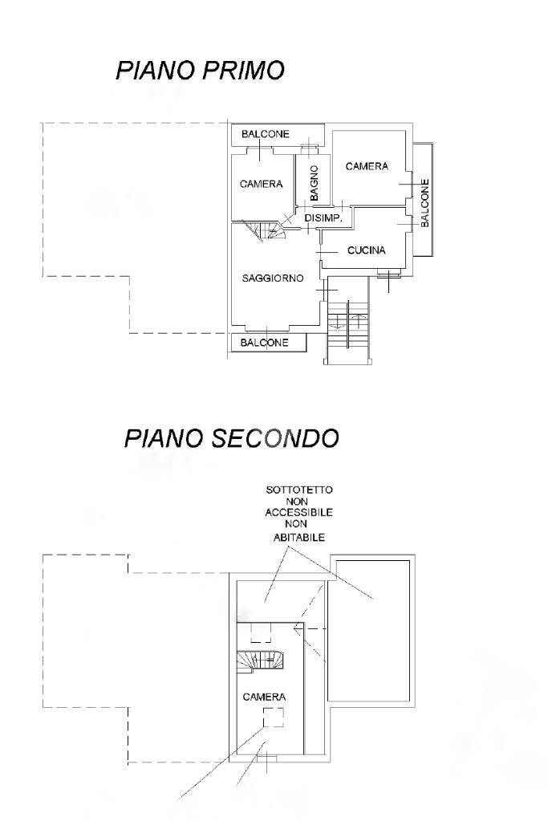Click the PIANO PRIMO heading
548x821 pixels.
200,71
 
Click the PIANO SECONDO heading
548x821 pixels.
231,438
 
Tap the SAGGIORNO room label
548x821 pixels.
273,278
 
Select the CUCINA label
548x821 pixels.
366,250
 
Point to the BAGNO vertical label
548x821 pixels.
315,183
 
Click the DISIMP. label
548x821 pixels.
323,218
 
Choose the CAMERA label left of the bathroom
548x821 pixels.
261,184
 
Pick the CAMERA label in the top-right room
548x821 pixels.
367,166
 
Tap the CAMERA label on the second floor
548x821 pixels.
264,697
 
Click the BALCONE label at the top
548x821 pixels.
265,134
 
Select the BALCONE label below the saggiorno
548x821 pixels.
264,343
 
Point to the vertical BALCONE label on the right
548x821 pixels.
424,201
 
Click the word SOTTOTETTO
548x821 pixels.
298,489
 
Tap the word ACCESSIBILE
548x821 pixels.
298,511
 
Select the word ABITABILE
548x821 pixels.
298,538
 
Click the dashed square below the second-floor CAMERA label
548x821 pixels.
274,717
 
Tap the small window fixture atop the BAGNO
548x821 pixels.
309,148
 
